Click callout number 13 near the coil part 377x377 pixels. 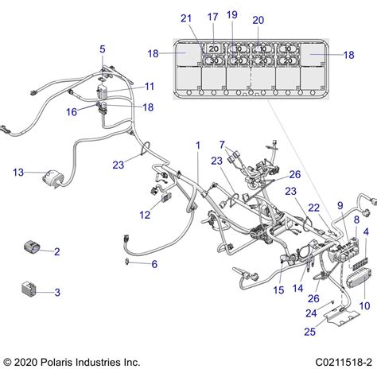[x=18, y=173]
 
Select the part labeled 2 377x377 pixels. [x=32, y=247]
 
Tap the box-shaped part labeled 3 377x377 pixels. [x=29, y=289]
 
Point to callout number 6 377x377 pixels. [x=154, y=264]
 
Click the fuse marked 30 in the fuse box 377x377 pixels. [x=214, y=60]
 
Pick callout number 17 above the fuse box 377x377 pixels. [x=212, y=17]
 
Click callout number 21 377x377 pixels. [x=186, y=18]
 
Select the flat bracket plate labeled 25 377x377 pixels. [x=342, y=316]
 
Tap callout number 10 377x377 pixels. [x=364, y=306]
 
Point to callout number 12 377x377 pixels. [x=145, y=215]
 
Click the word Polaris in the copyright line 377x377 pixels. [x=56, y=362]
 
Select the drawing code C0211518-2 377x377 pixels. [x=344, y=362]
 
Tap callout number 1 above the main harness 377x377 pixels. [x=198, y=146]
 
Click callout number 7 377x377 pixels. [x=222, y=145]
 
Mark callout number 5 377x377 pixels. [x=103, y=49]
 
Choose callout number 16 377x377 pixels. [x=72, y=112]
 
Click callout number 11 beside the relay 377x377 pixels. [x=150, y=87]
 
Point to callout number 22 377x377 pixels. [x=313, y=208]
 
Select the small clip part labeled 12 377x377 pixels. [x=166, y=196]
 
